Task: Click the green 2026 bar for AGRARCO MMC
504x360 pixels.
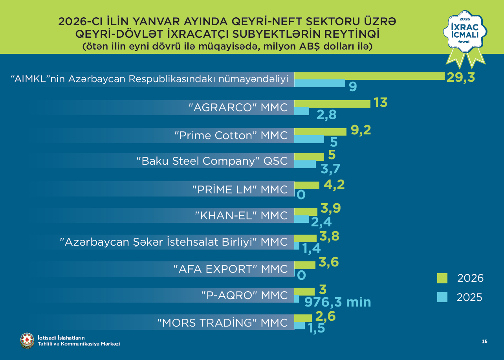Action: coord(332,104)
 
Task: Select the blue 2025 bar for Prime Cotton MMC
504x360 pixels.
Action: coord(309,139)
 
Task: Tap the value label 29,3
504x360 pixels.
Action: coord(460,77)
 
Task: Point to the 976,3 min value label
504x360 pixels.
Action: coord(338,302)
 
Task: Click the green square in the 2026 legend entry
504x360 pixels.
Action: coord(442,278)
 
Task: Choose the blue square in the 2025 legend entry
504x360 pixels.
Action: coord(442,298)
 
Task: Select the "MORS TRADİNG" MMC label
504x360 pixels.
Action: coord(223,323)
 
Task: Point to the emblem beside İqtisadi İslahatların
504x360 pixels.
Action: coord(27,340)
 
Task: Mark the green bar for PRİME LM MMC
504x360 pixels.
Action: coord(307,186)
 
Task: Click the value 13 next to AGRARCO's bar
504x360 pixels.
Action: coord(380,103)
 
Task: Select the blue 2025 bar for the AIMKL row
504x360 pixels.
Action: coord(320,83)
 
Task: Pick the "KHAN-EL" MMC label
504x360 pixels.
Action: coord(242,215)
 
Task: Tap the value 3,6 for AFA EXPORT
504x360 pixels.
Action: coord(330,262)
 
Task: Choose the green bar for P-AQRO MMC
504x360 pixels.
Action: coord(304,291)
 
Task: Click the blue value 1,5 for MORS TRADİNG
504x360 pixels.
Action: coord(316,328)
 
